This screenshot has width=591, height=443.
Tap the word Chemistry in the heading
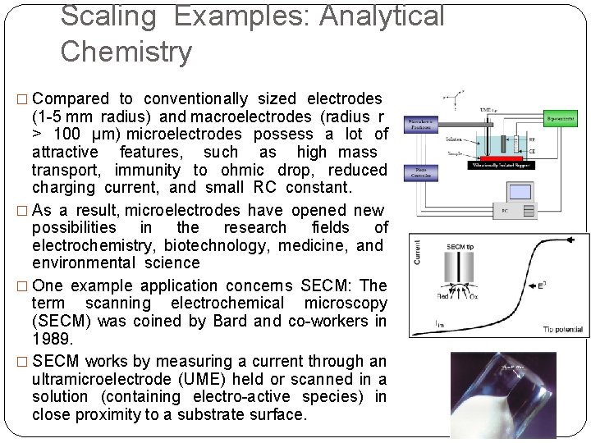(126, 52)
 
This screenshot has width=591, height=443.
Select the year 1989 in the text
(52, 337)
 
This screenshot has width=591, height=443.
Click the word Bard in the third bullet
(230, 320)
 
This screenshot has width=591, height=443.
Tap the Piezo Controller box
(422, 172)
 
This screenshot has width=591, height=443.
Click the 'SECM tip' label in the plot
(460, 246)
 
